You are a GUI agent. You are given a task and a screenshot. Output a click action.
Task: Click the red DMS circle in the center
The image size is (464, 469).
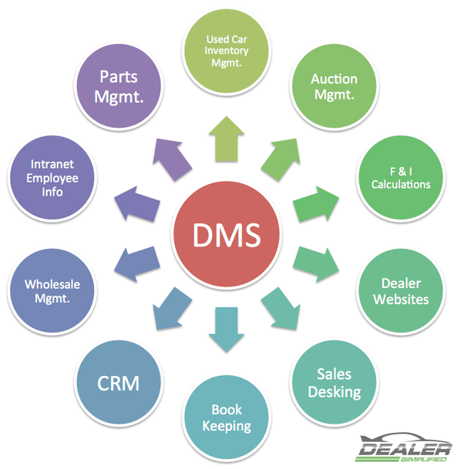tap(227, 234)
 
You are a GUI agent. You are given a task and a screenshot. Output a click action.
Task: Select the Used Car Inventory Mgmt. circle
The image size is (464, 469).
tap(227, 51)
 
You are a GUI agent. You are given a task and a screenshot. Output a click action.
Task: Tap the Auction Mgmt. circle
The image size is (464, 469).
tap(335, 86)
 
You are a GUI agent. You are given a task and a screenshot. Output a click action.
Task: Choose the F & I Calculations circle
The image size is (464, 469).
tap(401, 178)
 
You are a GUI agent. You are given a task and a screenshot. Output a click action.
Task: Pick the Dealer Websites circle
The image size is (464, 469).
tap(401, 291)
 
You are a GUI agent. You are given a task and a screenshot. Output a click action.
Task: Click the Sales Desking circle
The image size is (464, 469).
tap(335, 382)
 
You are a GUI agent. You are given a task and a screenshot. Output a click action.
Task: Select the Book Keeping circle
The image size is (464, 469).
tap(227, 417)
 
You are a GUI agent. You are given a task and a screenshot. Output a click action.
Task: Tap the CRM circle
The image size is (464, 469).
tap(119, 382)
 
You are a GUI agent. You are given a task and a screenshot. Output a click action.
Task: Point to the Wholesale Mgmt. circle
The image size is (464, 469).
tap(52, 291)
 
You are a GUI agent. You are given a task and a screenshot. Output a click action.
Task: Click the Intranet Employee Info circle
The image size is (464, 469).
tap(52, 178)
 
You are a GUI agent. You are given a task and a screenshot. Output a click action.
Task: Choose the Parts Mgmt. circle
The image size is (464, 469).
tap(119, 86)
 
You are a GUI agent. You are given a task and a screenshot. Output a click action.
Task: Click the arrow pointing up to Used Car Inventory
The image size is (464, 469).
tap(227, 139)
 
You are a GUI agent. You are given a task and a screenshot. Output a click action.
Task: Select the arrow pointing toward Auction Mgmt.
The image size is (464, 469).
tap(281, 159)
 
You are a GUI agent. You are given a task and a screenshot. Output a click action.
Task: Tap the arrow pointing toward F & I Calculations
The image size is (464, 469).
tap(316, 204)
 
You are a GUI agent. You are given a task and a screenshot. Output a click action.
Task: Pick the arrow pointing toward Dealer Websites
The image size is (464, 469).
tap(316, 264)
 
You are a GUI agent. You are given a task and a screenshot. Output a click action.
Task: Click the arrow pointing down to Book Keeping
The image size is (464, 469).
tap(227, 330)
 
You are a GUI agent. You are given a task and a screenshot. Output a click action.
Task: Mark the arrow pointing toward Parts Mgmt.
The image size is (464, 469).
tap(173, 159)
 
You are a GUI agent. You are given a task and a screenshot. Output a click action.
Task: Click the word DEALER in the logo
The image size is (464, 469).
tap(405, 448)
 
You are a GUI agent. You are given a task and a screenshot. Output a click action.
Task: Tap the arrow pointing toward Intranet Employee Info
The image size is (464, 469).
tap(137, 204)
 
